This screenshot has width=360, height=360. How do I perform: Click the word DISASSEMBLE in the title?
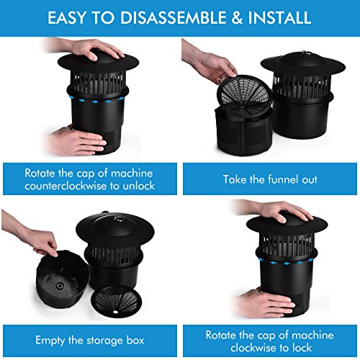click(174, 17)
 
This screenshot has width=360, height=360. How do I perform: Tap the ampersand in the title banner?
click(237, 17)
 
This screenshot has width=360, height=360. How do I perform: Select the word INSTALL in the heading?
click(279, 17)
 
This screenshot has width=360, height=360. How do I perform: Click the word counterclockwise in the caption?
click(66, 186)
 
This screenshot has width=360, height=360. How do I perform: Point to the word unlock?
click(139, 186)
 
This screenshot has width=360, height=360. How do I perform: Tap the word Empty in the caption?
click(50, 341)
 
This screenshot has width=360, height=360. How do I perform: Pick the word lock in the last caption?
click(302, 348)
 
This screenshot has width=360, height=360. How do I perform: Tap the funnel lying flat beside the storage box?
click(116, 300)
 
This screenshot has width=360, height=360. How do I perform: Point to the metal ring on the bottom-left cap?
click(118, 219)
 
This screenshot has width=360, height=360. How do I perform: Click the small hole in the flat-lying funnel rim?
click(115, 312)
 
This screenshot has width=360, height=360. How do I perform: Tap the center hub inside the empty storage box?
click(59, 286)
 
